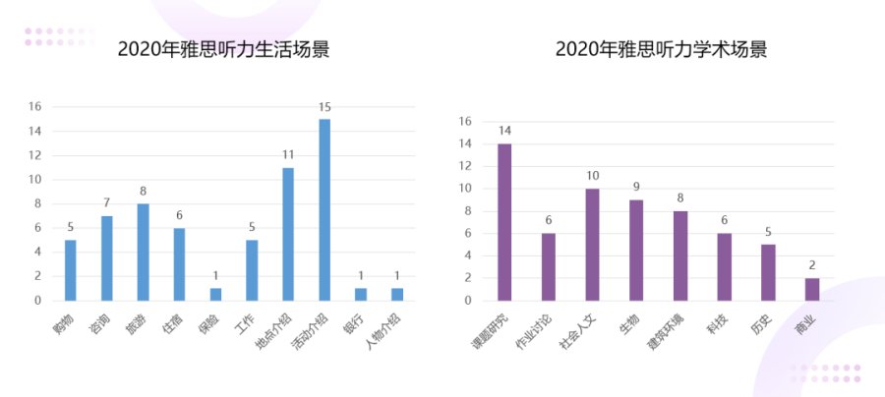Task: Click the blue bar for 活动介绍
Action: pos(324,209)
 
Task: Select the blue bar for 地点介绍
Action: pos(288,234)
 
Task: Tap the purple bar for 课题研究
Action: pos(504,222)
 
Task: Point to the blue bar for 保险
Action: pos(215,294)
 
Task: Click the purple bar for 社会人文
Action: pos(592,244)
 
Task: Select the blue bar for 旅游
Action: pos(143,252)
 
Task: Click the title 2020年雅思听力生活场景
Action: pos(223,49)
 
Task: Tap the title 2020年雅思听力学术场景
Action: pos(661,49)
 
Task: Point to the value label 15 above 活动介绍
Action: pos(324,106)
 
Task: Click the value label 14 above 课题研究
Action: pos(504,131)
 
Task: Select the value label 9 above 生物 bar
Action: pos(636,187)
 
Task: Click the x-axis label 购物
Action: pos(63,318)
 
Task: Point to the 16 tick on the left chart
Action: pos(34,106)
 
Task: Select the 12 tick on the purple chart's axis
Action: pos(466,166)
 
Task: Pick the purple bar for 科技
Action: pos(724,266)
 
